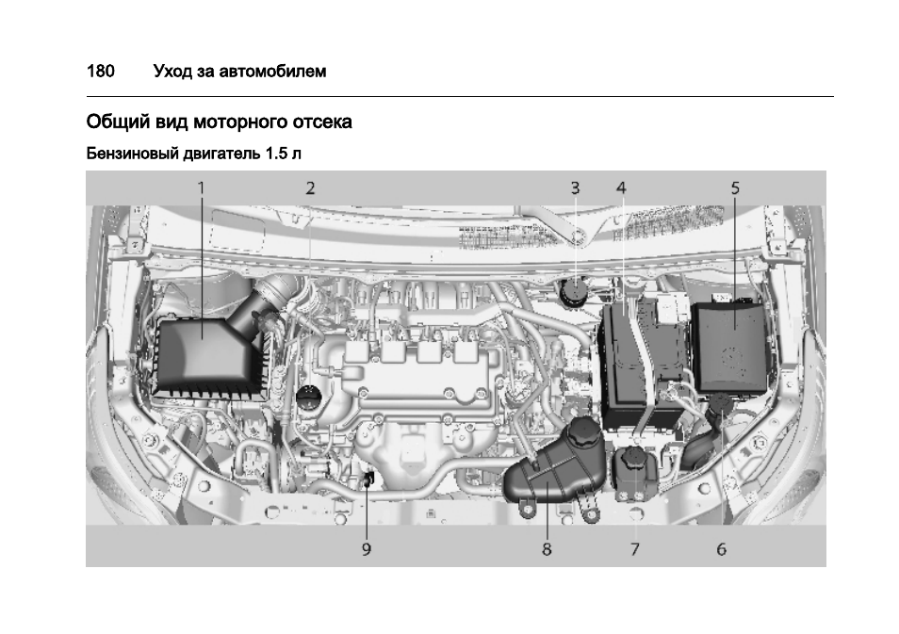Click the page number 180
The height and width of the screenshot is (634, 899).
click(x=100, y=71)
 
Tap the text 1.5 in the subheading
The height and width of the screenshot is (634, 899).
click(x=275, y=153)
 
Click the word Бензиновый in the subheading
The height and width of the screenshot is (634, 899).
click(x=132, y=153)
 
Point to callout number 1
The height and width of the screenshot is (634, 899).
click(x=201, y=187)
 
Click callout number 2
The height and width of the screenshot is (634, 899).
click(x=310, y=187)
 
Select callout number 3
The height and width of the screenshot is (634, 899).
click(x=575, y=187)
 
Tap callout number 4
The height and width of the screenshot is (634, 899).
click(x=621, y=187)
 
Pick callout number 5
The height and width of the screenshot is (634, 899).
click(x=736, y=187)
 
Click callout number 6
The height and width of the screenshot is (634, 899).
click(x=721, y=549)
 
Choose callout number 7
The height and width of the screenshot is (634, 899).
click(x=634, y=549)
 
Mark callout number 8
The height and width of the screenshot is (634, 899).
click(x=547, y=549)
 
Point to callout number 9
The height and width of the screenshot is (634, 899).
click(x=367, y=549)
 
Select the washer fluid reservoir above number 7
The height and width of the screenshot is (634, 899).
click(x=634, y=476)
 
